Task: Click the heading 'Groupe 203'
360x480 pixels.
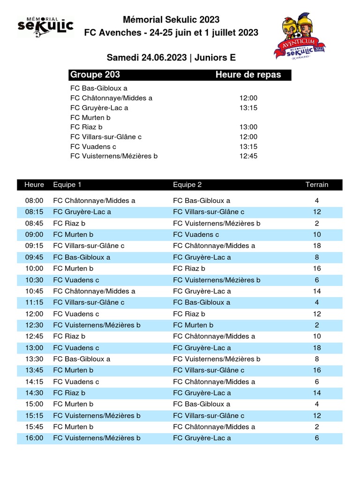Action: (x=95, y=75)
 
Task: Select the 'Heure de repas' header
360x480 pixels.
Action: (x=248, y=75)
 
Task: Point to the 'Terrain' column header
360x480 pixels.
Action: (x=317, y=185)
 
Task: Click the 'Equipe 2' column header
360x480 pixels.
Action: (x=187, y=185)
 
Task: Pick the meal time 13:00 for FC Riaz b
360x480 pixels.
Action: (x=248, y=127)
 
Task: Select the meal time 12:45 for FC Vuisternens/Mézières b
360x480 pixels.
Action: (x=248, y=156)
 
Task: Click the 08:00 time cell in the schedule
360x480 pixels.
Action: (x=34, y=201)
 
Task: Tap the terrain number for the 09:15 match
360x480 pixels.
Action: (x=317, y=246)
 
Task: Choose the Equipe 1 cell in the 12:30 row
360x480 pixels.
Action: (x=97, y=325)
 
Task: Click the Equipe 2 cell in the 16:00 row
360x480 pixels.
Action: (x=202, y=438)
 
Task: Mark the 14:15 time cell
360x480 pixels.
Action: (x=34, y=382)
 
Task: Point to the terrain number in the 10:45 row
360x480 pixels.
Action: (x=317, y=291)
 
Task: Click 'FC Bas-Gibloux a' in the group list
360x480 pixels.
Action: (x=99, y=88)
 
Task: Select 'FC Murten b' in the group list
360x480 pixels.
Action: (x=90, y=118)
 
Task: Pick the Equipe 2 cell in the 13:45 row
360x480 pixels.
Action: (x=209, y=370)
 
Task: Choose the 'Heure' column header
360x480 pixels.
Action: (x=34, y=185)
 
